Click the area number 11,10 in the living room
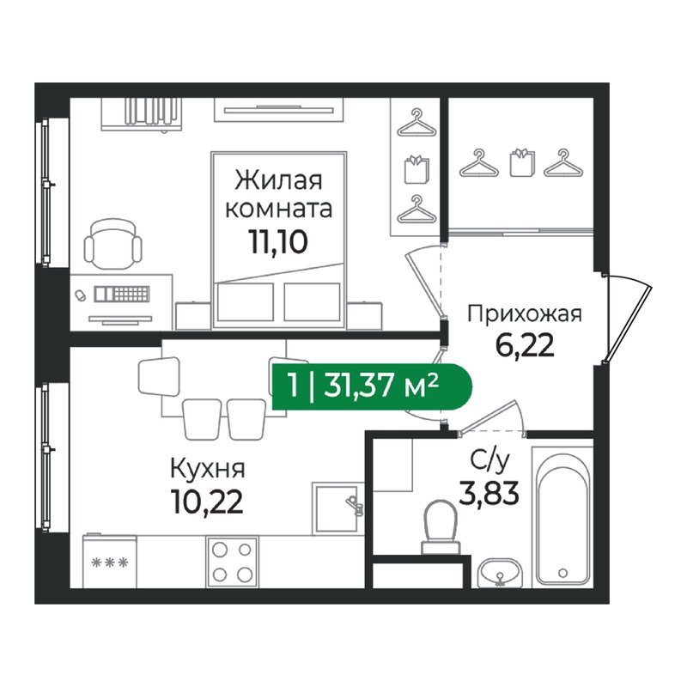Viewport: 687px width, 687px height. pyautogui.click(x=278, y=242)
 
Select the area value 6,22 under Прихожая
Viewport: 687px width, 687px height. pyautogui.click(x=525, y=345)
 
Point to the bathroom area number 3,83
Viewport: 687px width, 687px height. pyautogui.click(x=489, y=492)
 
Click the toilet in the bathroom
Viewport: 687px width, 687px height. pyautogui.click(x=441, y=527)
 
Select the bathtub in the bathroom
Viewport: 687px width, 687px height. pyautogui.click(x=562, y=517)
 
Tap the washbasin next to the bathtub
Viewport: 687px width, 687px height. pyautogui.click(x=500, y=573)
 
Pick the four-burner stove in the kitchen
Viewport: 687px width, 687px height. pyautogui.click(x=232, y=562)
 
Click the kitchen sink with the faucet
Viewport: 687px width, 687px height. pyautogui.click(x=337, y=508)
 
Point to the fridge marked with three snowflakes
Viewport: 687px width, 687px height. pyautogui.click(x=110, y=561)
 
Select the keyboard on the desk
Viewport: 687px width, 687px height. pyautogui.click(x=122, y=294)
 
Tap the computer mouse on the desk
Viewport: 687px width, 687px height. pyautogui.click(x=80, y=295)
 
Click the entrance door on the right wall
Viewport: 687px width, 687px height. pyautogui.click(x=628, y=319)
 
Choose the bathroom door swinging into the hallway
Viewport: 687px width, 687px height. pyautogui.click(x=490, y=417)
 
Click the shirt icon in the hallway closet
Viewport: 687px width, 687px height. pyautogui.click(x=523, y=162)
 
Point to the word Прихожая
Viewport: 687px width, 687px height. pyautogui.click(x=525, y=314)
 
